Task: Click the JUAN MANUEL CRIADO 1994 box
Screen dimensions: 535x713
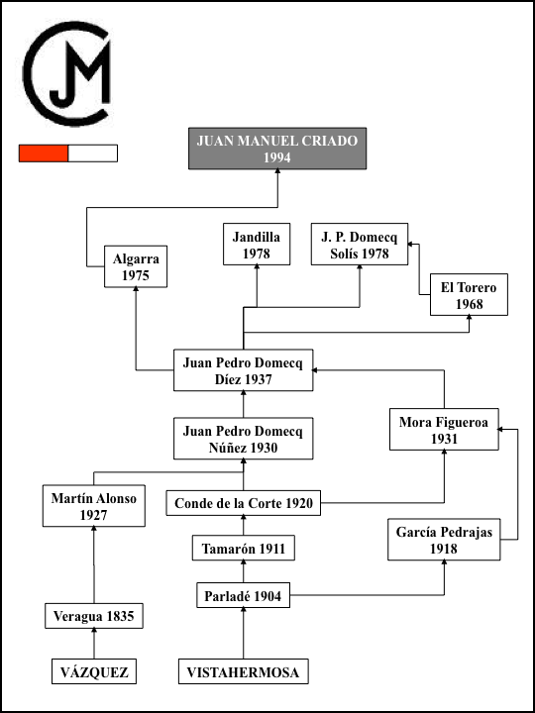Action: click(x=277, y=149)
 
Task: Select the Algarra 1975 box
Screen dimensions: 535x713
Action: click(x=136, y=266)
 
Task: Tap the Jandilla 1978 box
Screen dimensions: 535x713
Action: click(x=257, y=245)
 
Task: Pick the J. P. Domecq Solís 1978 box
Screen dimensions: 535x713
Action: click(x=360, y=245)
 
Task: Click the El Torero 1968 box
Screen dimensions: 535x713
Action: click(x=469, y=295)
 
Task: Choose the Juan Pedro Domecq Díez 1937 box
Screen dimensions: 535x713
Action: click(x=244, y=370)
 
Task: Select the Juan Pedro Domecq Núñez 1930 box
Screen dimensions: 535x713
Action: click(x=244, y=439)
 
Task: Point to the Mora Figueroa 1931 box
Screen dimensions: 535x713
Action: click(x=444, y=429)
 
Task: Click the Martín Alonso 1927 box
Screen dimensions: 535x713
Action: click(x=94, y=506)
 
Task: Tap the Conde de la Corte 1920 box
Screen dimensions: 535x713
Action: click(x=244, y=503)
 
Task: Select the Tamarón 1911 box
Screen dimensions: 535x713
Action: click(x=244, y=548)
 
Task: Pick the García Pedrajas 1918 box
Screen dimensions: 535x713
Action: click(x=444, y=540)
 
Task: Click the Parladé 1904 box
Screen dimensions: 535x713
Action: click(x=244, y=595)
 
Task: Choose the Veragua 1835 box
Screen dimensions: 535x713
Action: click(x=94, y=616)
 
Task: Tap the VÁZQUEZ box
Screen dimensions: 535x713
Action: click(x=94, y=671)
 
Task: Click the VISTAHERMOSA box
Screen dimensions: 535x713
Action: click(x=244, y=671)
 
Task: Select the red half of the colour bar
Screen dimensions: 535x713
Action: click(x=44, y=153)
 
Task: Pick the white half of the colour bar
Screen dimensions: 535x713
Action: click(x=93, y=153)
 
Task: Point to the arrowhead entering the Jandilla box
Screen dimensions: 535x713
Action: click(x=257, y=267)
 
